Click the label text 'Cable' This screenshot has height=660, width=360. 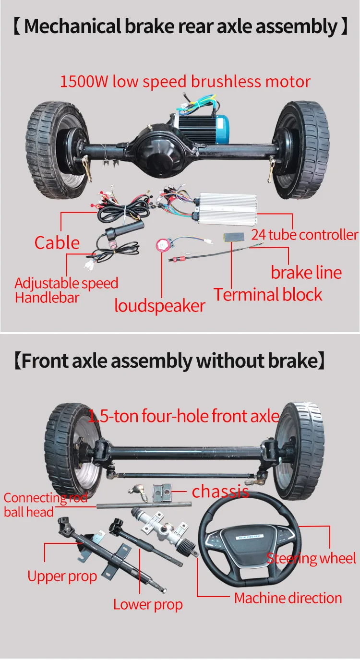click(x=57, y=243)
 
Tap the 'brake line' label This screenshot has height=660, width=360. click(x=306, y=272)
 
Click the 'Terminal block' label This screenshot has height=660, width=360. click(x=268, y=295)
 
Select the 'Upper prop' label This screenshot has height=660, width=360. click(x=62, y=576)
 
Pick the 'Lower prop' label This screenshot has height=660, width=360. click(x=148, y=604)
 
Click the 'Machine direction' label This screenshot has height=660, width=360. click(x=288, y=598)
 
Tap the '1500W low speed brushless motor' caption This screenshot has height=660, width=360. click(x=185, y=81)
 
